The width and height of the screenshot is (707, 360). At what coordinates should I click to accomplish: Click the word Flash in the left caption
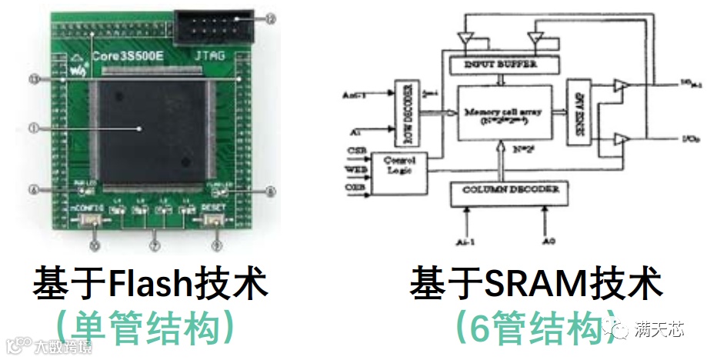click(143, 285)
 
